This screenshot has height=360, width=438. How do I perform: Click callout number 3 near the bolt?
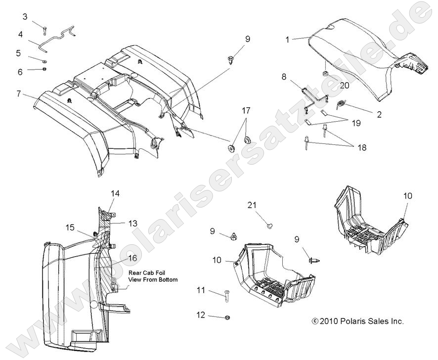[x=25, y=17]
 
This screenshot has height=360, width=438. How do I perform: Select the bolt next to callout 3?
[x=44, y=28]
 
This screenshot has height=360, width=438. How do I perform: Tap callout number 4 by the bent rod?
[x=21, y=35]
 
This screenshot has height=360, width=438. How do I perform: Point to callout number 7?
[x=18, y=93]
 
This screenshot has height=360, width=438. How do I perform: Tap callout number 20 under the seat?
[x=344, y=85]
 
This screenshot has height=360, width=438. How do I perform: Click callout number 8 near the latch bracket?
[x=284, y=77]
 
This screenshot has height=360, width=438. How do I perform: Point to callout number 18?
[x=362, y=147]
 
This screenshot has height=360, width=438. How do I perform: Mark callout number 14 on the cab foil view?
[x=115, y=194]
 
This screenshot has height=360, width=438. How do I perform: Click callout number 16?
[x=132, y=258]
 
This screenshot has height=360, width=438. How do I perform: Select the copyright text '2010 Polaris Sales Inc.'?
[x=361, y=321]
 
